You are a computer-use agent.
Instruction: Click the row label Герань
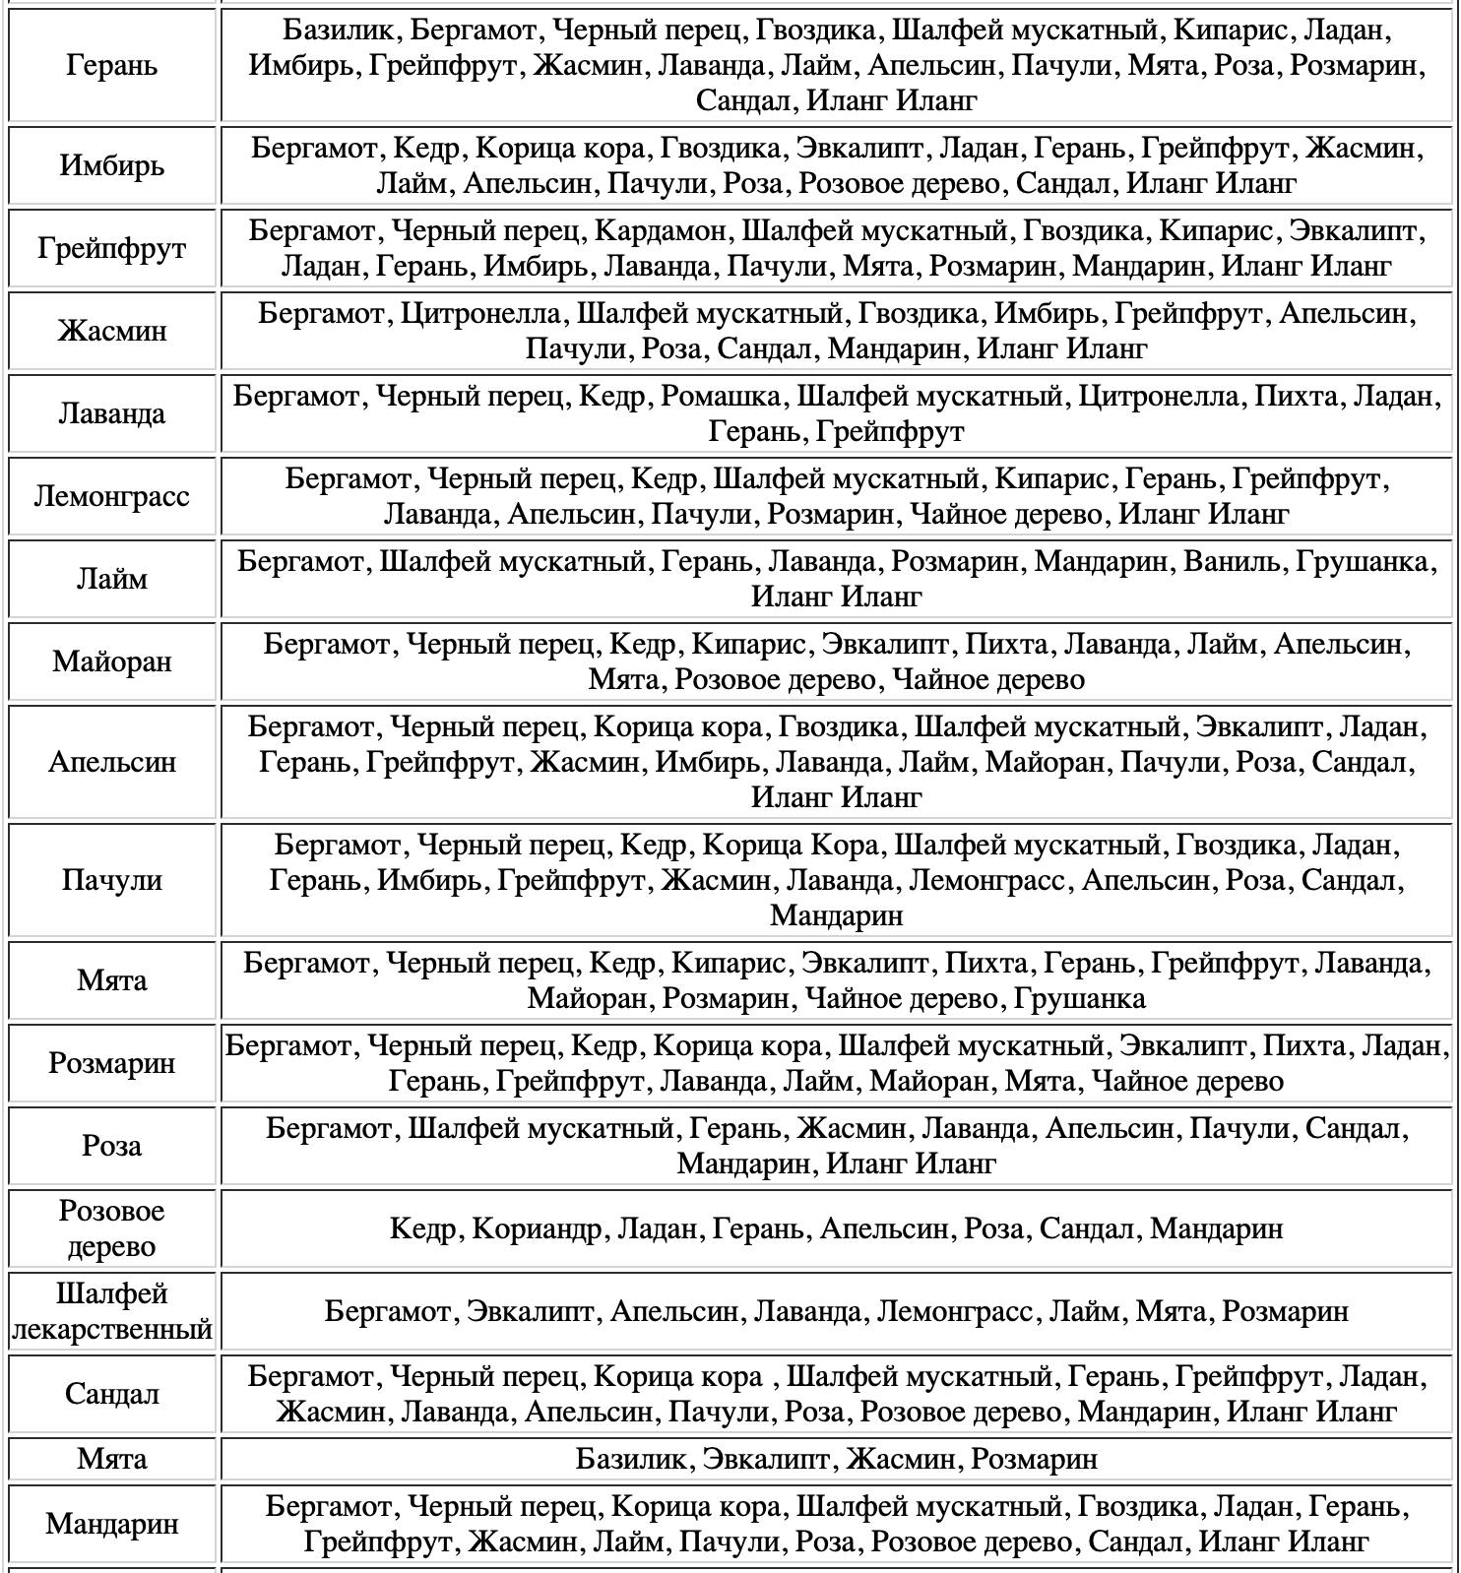tap(111, 66)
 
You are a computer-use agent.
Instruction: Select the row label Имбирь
tap(111, 165)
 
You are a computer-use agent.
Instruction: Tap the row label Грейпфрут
tap(111, 248)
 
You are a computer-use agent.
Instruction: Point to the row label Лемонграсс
tap(111, 496)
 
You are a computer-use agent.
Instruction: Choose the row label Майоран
tap(111, 661)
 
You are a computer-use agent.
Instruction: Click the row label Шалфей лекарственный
tap(111, 1311)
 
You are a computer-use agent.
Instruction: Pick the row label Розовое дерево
tap(111, 1228)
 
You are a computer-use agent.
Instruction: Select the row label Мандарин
tap(111, 1524)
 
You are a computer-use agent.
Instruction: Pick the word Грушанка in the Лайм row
tap(1363, 562)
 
